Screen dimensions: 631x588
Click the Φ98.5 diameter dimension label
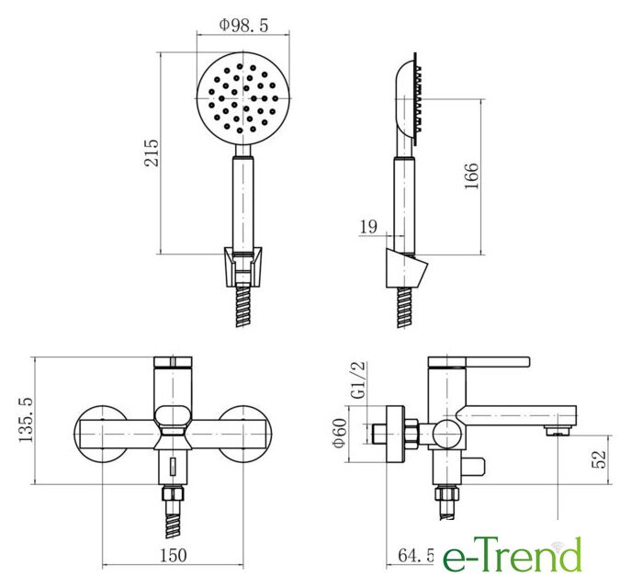(243, 25)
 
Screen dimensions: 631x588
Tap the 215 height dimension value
(152, 153)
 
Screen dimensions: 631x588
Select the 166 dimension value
(471, 175)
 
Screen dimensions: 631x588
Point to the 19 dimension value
(368, 227)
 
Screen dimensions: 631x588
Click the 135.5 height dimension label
(26, 419)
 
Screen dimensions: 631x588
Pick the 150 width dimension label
(174, 556)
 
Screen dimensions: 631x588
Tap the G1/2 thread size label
(358, 380)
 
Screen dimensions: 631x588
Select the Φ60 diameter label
(339, 433)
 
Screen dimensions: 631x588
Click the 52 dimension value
(599, 459)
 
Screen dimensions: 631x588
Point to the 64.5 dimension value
(416, 556)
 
